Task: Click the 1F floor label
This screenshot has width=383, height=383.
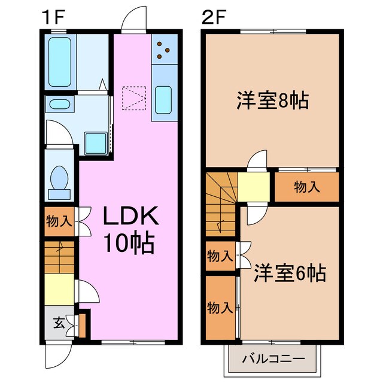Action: point(53,17)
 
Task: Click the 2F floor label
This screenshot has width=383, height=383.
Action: point(214,17)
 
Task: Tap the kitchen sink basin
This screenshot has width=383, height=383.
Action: point(163,99)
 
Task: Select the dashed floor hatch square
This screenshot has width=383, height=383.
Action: point(134,98)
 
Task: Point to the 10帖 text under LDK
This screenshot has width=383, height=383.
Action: point(130,242)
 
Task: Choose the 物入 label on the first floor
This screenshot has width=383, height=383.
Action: point(59,221)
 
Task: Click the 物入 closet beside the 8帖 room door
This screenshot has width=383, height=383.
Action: point(306,187)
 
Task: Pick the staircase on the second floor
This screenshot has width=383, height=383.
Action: point(221,200)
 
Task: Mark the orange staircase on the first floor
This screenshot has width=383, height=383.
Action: point(59,257)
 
